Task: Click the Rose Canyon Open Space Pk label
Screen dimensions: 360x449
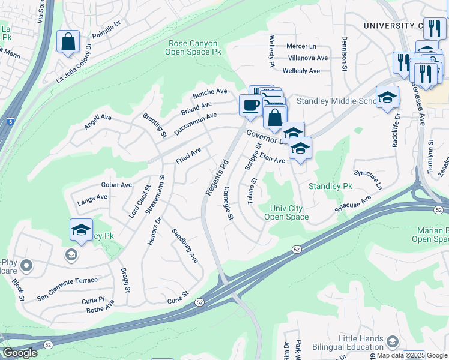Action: [194, 47]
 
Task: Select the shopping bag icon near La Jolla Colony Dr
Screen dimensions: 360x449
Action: [68, 42]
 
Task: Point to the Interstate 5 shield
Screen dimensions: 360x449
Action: [11, 122]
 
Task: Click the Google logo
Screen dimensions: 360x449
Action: [20, 353]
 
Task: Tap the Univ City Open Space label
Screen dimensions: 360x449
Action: [286, 212]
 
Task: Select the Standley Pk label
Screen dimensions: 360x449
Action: [330, 187]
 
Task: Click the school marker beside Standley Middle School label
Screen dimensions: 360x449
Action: [387, 97]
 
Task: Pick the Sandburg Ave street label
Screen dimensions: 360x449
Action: [185, 245]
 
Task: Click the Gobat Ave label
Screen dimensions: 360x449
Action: [116, 185]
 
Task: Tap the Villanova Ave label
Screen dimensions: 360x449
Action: [308, 58]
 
